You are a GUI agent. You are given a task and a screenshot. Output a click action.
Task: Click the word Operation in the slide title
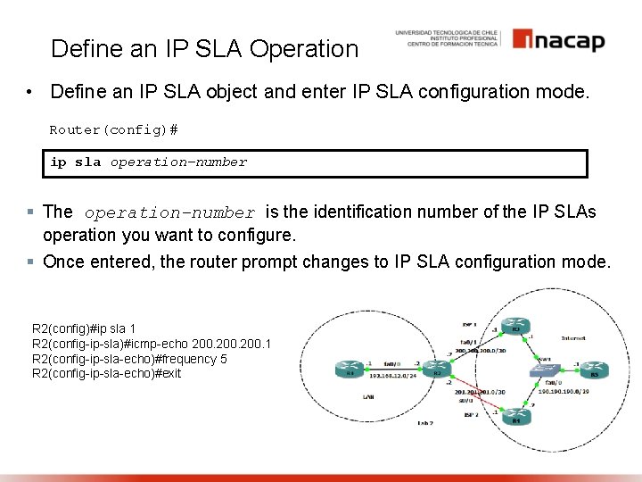(x=304, y=49)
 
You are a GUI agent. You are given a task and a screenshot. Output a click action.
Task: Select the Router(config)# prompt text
(x=113, y=130)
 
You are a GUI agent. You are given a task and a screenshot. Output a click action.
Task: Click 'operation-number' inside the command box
(x=178, y=162)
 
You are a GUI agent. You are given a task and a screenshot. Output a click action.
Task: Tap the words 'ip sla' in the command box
(x=76, y=162)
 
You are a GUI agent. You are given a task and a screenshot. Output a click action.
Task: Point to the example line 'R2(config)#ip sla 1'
(x=84, y=330)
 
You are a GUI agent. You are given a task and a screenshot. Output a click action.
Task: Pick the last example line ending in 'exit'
(x=106, y=373)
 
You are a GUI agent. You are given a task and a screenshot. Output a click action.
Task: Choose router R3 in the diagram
(x=514, y=328)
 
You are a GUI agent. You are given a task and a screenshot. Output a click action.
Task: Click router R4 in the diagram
(x=514, y=417)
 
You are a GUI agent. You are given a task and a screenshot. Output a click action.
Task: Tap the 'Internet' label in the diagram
(x=572, y=338)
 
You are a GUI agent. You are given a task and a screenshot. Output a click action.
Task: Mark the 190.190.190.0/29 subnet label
(x=564, y=391)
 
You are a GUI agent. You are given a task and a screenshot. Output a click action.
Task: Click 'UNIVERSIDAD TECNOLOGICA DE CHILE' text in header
(x=448, y=32)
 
